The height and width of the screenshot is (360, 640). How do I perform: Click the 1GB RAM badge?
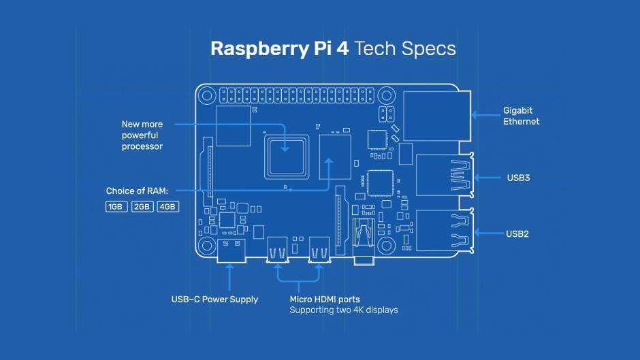116,206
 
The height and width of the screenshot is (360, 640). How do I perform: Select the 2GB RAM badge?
142,206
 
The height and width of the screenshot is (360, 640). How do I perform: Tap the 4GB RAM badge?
167,206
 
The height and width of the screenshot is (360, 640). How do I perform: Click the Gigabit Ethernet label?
521,116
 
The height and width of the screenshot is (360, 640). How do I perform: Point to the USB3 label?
518,178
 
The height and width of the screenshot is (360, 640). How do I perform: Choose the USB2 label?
517,233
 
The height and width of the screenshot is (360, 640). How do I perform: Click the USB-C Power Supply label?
214,299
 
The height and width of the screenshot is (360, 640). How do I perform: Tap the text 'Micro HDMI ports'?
325,299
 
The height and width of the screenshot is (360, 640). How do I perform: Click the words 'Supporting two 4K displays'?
344,310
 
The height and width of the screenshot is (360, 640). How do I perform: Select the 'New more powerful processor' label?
142,135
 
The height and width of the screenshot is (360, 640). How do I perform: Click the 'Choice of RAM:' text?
137,191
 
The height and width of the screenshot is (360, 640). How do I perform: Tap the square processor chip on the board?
286,156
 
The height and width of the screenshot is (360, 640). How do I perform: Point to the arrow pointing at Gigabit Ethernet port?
485,116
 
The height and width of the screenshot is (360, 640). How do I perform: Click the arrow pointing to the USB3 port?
487,178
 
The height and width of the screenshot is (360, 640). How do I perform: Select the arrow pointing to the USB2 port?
487,233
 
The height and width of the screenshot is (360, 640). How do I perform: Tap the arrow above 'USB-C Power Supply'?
229,278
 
